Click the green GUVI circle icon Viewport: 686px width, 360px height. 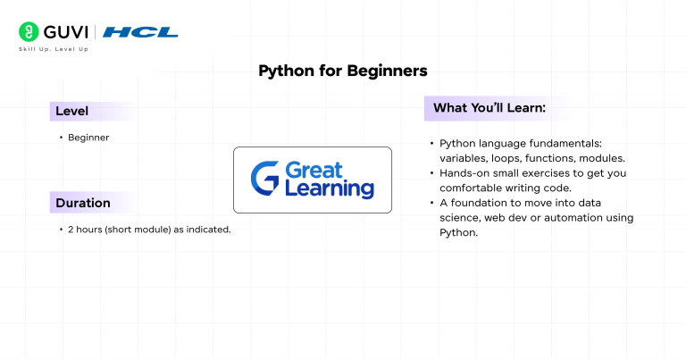click(x=29, y=32)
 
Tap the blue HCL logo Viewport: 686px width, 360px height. click(x=140, y=32)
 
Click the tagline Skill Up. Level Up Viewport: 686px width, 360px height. click(x=54, y=49)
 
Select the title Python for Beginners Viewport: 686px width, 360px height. click(x=343, y=71)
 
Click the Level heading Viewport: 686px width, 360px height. click(x=71, y=111)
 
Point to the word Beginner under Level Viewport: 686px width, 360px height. click(x=88, y=138)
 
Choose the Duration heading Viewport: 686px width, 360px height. click(x=83, y=203)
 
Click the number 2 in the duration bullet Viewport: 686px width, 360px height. click(x=71, y=230)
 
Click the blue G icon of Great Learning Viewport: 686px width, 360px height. click(x=264, y=178)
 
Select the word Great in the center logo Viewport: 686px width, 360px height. click(x=314, y=170)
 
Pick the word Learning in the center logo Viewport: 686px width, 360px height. click(x=330, y=189)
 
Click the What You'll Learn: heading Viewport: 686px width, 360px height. click(x=489, y=107)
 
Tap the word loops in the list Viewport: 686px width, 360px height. click(x=506, y=158)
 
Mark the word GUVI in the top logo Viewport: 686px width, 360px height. click(x=66, y=32)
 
